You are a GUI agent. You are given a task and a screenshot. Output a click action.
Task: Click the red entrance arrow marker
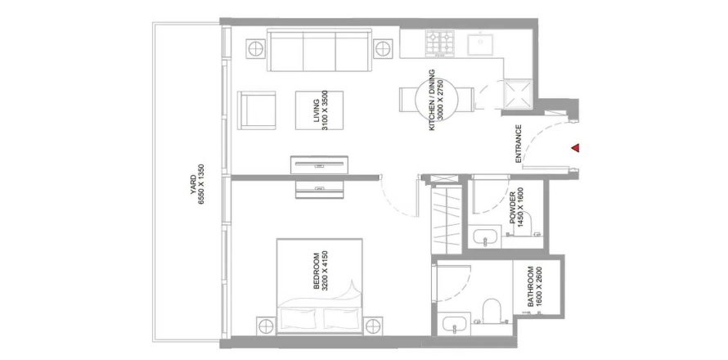(576, 148)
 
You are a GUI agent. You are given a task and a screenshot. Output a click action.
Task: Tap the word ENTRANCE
(519, 144)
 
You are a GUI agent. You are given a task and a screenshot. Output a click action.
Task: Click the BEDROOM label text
(321, 272)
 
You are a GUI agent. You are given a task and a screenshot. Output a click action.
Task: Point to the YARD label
(197, 184)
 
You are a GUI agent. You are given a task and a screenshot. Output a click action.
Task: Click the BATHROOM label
(534, 287)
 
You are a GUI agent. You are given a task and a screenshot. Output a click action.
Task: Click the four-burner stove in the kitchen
(440, 43)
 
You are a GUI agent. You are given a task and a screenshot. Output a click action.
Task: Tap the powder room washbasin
(486, 238)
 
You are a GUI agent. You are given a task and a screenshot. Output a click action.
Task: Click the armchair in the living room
(256, 110)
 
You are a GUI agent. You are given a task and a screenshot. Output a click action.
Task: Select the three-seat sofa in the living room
(320, 50)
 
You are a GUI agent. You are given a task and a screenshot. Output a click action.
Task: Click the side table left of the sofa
(255, 47)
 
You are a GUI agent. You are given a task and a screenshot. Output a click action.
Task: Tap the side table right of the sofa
(383, 48)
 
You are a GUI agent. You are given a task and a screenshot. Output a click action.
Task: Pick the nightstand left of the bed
(267, 325)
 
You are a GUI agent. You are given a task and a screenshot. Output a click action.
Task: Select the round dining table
(437, 99)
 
